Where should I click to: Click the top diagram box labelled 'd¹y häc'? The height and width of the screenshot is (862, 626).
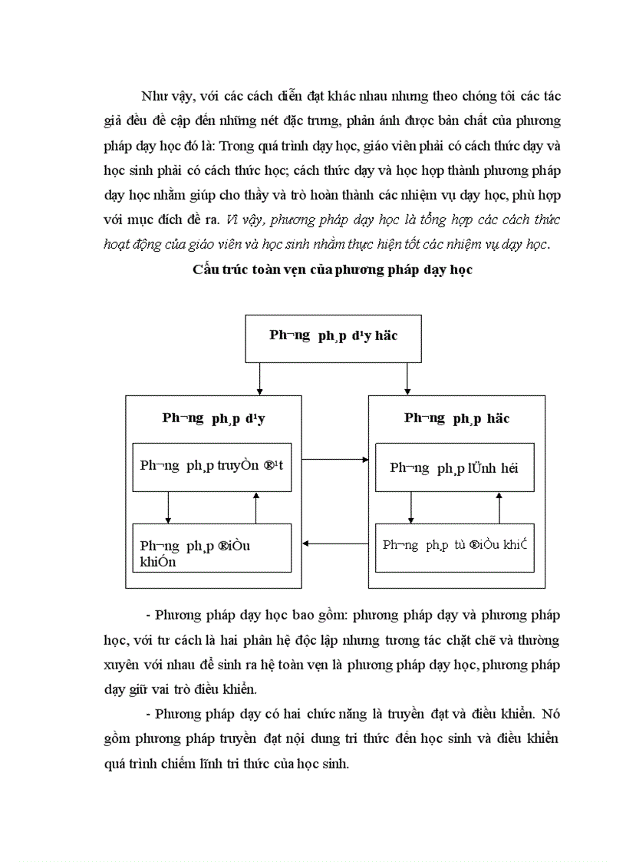tap(333, 338)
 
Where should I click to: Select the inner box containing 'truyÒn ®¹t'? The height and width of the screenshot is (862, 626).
tap(212, 467)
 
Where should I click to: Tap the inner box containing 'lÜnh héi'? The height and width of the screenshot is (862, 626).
tap(454, 467)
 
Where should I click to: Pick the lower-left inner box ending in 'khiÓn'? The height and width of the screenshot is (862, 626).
tap(212, 547)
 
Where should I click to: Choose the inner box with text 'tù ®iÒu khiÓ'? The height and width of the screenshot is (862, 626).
tap(454, 547)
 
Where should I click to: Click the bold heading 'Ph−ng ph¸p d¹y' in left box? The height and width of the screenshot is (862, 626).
tap(213, 418)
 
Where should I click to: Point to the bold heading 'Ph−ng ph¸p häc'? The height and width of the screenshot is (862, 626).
tap(456, 418)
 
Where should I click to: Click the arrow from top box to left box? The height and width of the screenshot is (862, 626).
tap(261, 378)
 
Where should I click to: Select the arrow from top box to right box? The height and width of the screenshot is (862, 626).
tap(407, 378)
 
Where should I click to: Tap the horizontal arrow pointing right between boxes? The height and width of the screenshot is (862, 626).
tap(334, 460)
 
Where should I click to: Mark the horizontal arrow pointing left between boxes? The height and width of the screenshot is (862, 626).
tap(334, 544)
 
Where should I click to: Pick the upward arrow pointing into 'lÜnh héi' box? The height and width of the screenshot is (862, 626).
tap(499, 507)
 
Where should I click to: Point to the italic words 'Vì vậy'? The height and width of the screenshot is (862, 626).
tap(244, 220)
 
